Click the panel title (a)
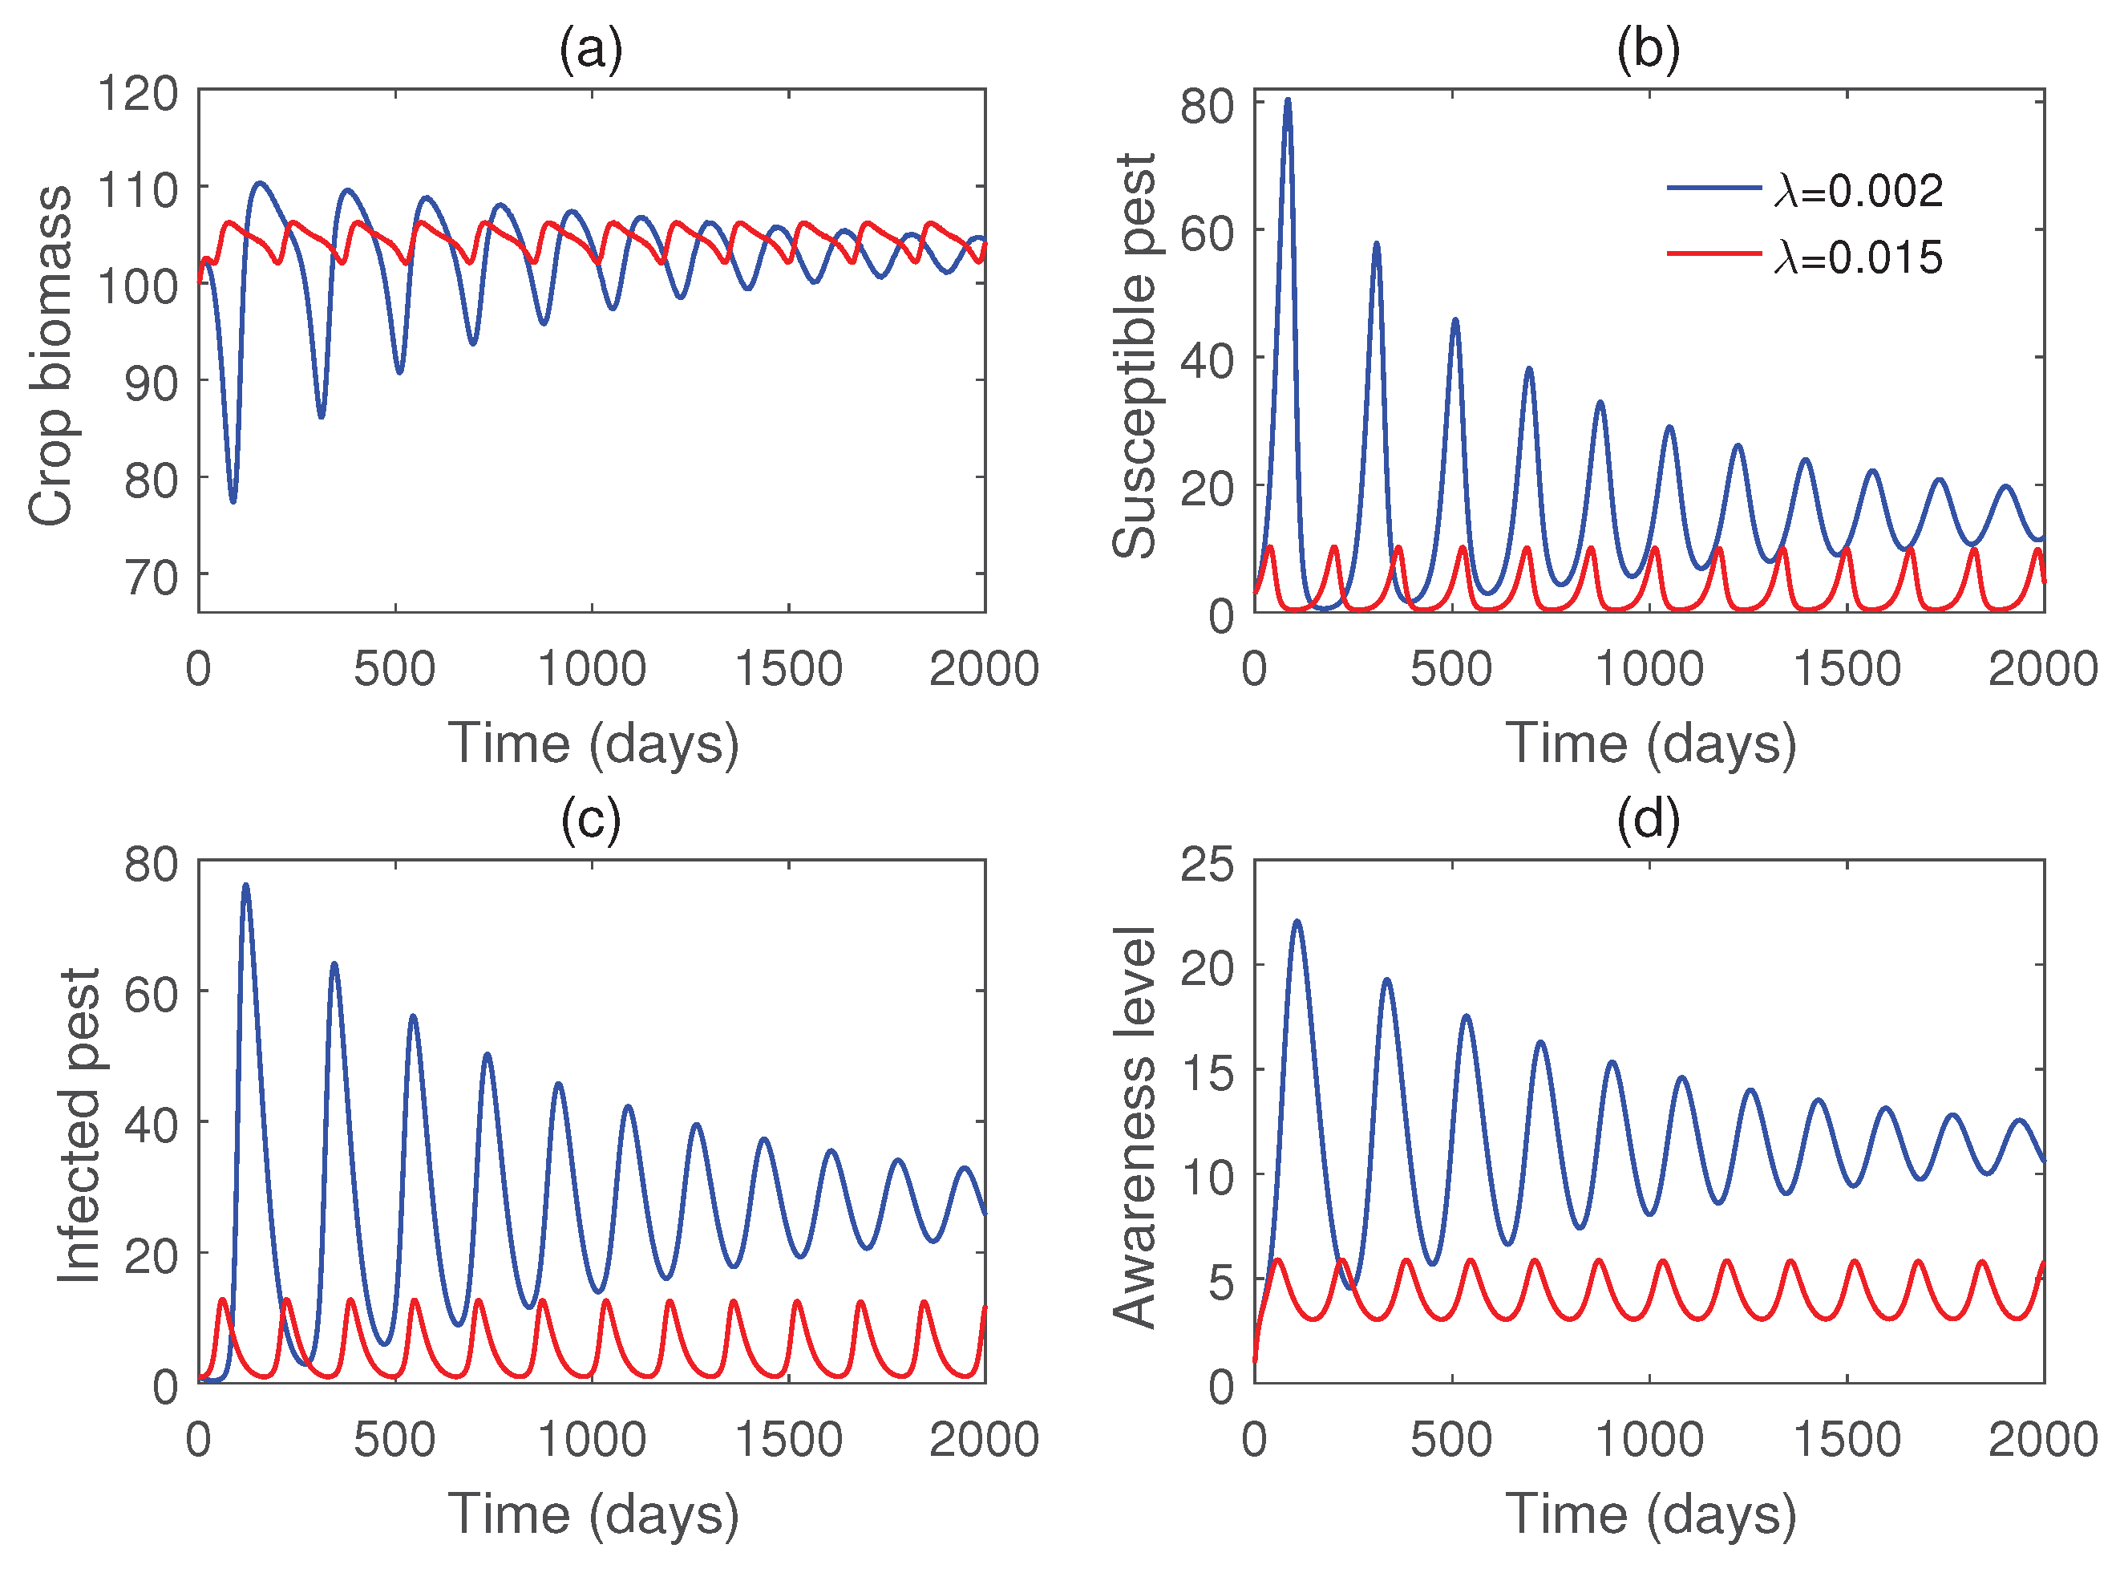[590, 48]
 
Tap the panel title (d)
[1648, 818]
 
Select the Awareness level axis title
[1135, 1126]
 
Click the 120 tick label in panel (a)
[138, 93]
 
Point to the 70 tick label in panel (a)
[152, 577]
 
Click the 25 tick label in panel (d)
[1207, 864]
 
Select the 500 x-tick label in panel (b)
[1450, 669]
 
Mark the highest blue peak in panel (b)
[1288, 99]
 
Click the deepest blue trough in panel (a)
[233, 501]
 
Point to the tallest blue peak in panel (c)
[246, 886]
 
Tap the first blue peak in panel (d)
[1297, 922]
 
